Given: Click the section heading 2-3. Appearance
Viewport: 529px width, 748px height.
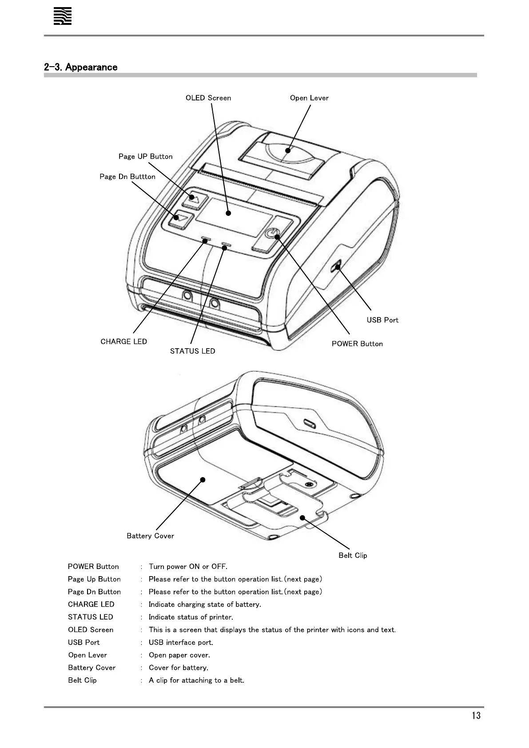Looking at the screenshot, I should pos(81,68).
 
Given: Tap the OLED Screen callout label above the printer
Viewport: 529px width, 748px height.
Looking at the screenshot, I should pos(208,98).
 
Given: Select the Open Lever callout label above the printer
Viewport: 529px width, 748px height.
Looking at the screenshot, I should pos(309,98).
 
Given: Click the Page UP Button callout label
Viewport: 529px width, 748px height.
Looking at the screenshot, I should pos(145,156).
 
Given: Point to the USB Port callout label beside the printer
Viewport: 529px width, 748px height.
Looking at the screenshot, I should pos(382,320).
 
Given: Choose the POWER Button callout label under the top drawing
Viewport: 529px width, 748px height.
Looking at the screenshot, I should pos(357,344).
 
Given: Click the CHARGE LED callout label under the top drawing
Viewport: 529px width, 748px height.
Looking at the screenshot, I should pos(124,342).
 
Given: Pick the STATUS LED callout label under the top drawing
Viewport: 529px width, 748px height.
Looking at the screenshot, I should pos(192,351).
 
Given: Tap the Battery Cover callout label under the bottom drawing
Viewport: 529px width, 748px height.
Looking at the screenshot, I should pos(150,536).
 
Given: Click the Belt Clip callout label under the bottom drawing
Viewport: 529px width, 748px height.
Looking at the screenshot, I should pos(353,556).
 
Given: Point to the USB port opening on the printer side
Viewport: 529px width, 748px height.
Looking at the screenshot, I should pos(338,267).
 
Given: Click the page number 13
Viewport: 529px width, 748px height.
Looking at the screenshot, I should pos(476,716).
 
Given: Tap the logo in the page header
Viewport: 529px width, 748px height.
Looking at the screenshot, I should pos(63,17).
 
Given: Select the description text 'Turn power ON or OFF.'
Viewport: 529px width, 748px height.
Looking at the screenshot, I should pos(188,567).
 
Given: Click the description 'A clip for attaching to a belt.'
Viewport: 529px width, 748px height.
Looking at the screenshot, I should pos(196,680).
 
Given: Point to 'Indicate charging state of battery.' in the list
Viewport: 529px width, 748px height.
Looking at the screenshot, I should pos(205,605).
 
